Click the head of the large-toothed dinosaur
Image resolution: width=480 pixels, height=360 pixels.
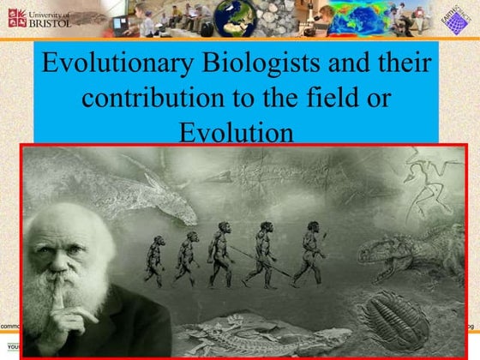(377, 250)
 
